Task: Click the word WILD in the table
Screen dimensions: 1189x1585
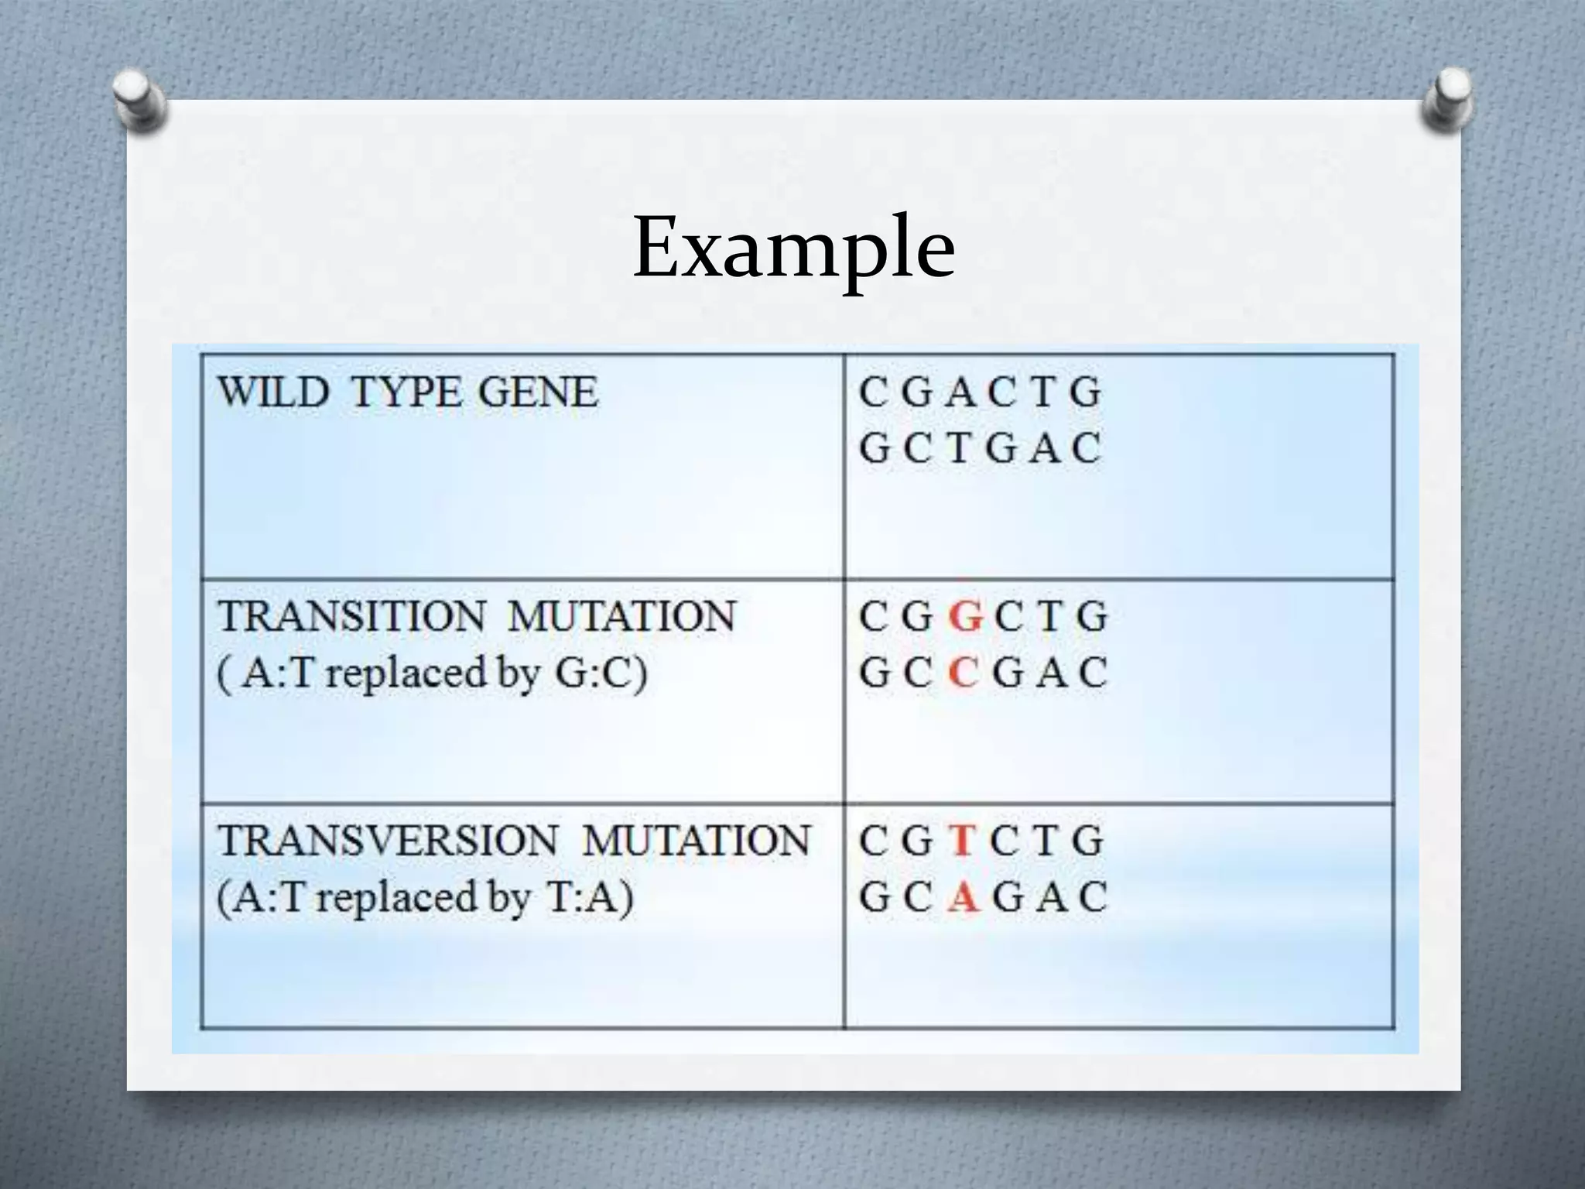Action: pyautogui.click(x=273, y=392)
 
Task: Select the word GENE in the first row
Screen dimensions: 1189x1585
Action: pyautogui.click(x=538, y=392)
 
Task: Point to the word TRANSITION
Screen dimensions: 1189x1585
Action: pyautogui.click(x=351, y=616)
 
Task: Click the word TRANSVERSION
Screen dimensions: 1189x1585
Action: pyautogui.click(x=387, y=841)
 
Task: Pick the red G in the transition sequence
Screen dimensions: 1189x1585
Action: pyautogui.click(x=965, y=617)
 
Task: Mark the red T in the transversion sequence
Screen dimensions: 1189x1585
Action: pyautogui.click(x=962, y=841)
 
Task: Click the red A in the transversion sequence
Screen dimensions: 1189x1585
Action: pyautogui.click(x=962, y=897)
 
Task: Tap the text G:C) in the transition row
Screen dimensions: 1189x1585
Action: pyautogui.click(x=601, y=673)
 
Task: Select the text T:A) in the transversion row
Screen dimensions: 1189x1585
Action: pyautogui.click(x=589, y=897)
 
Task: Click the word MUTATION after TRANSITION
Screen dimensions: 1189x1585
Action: pyautogui.click(x=621, y=616)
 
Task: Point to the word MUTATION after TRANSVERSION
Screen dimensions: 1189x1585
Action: pyautogui.click(x=696, y=841)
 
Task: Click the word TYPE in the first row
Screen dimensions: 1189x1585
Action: pyautogui.click(x=404, y=392)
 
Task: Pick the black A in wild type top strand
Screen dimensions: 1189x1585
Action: pyautogui.click(x=960, y=392)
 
